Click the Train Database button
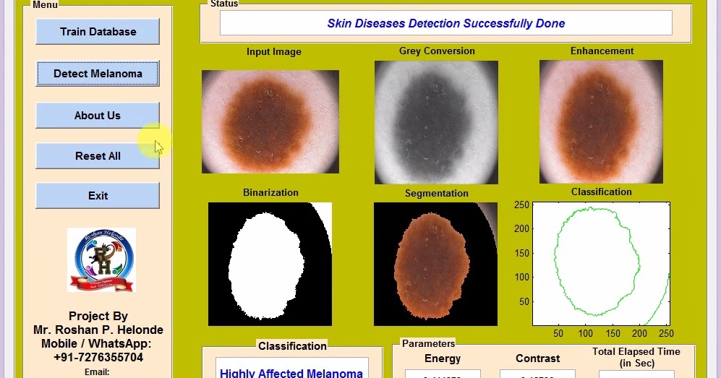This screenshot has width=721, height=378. coord(98,32)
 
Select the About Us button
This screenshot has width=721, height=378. coord(98,116)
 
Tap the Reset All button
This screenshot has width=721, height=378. coord(98,156)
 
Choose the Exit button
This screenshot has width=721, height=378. coord(98,196)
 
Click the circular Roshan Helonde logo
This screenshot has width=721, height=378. coord(101,260)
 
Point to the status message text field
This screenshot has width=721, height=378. coord(445,23)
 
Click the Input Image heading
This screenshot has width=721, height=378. coord(273,52)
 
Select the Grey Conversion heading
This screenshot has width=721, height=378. coord(437,51)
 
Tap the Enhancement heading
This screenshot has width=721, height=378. coord(602,51)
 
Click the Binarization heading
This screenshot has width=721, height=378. coord(270,193)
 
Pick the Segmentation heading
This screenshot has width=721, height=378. coord(436,194)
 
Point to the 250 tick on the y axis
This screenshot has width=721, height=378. coord(521,205)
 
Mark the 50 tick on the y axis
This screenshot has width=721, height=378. coord(524,302)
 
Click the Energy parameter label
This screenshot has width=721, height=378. coord(443,358)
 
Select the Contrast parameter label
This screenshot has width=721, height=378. coord(537,358)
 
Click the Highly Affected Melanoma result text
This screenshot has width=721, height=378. coord(291,373)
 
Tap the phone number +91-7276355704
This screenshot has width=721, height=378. coord(98,357)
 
